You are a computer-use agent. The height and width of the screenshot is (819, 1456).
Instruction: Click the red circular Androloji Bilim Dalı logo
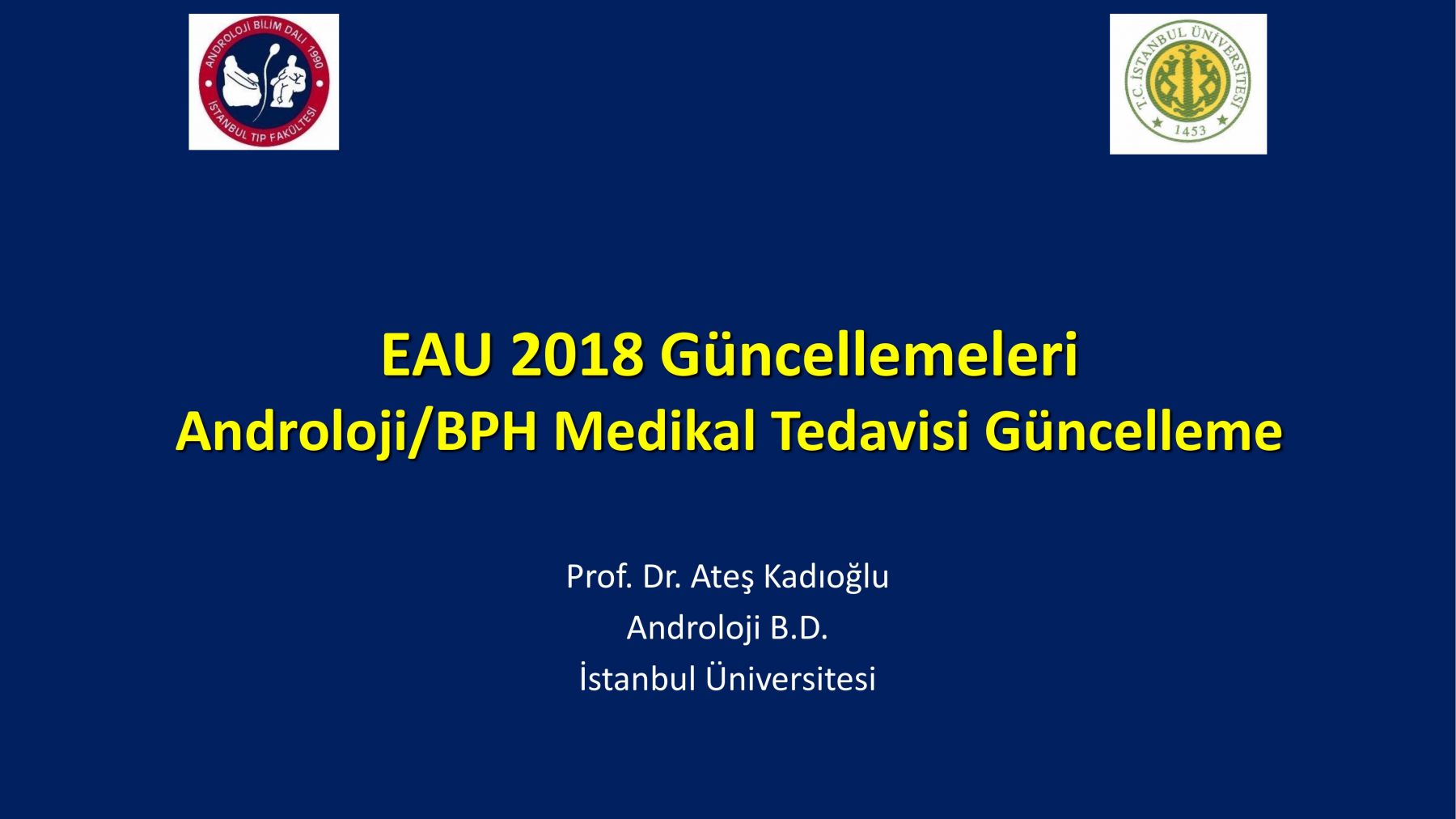point(264,82)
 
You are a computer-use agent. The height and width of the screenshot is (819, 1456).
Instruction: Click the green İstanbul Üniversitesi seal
point(1188,83)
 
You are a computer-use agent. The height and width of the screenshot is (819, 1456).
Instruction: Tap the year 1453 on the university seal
point(1189,130)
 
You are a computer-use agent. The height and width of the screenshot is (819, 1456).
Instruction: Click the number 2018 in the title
point(577,354)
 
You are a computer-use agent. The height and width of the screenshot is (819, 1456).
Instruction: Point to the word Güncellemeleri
point(870,354)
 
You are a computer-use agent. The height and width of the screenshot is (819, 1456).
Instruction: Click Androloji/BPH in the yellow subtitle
point(357,431)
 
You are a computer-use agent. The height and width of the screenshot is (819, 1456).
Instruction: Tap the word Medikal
point(655,431)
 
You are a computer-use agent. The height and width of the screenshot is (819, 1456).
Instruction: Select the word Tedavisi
point(870,431)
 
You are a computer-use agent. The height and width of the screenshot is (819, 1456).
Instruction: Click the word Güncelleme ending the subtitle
point(1133,431)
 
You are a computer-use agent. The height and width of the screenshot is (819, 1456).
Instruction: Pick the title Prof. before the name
point(599,576)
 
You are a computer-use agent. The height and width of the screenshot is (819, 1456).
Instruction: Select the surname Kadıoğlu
point(826,577)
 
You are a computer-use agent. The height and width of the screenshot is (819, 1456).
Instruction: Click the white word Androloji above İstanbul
point(693,628)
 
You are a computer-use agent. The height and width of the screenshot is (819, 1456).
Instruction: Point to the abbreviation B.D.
point(799,628)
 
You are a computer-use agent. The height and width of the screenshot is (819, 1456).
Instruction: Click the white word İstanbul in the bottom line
point(637,678)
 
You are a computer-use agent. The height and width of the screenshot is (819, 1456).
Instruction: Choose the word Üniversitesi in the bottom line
point(790,678)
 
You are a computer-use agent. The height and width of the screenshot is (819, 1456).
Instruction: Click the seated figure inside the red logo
point(289,85)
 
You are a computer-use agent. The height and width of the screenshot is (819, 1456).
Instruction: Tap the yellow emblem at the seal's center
point(1188,82)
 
